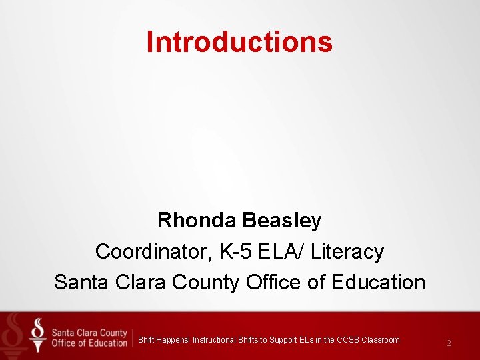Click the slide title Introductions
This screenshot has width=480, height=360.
(239, 41)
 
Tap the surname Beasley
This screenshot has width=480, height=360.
(283, 220)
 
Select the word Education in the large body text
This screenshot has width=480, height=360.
(379, 282)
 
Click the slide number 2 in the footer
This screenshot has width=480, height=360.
(449, 343)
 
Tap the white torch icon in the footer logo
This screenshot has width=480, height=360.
(38, 335)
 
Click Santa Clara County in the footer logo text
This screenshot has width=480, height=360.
(89, 333)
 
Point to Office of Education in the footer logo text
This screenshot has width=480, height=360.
(89, 343)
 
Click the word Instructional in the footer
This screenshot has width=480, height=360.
(214, 340)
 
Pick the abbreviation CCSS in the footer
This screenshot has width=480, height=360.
(347, 340)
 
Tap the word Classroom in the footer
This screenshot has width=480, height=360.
(381, 340)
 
